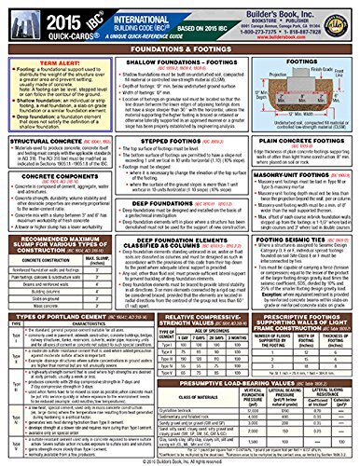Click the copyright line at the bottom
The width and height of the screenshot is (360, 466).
coord(180,460)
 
